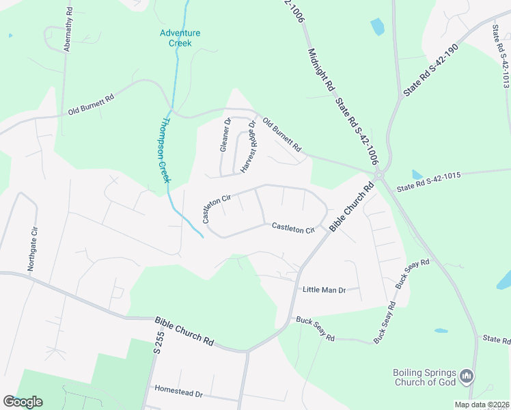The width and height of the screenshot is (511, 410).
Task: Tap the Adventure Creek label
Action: coord(180,38)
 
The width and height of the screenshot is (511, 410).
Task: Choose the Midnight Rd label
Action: coord(320,69)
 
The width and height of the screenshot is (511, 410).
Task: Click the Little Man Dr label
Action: coord(324,290)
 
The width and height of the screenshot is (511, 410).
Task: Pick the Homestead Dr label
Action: coord(180,394)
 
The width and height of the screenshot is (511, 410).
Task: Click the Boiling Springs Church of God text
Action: coord(424,377)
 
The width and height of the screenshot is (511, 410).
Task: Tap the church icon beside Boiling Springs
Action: coord(467,376)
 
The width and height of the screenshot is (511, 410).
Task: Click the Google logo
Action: coord(23,402)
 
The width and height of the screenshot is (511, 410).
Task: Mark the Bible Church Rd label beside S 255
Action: coord(184,331)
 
